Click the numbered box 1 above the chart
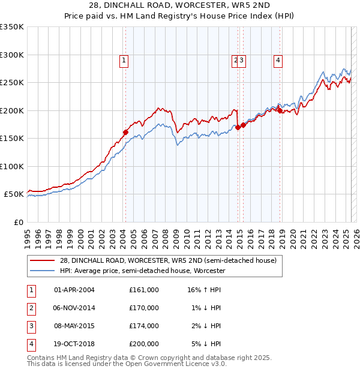tap(123, 59)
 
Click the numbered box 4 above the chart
tap(279, 59)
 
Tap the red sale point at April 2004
tap(125, 132)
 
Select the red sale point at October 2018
tap(280, 110)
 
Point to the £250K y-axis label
tap(12, 83)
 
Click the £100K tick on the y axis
tap(12, 166)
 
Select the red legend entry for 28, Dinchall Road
tap(168, 260)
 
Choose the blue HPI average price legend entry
tap(142, 271)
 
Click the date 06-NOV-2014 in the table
tap(74, 308)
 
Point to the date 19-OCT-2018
tap(74, 344)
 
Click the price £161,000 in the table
tap(143, 290)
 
